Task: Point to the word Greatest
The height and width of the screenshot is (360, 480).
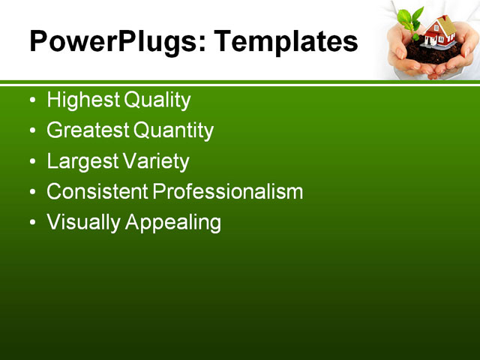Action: pos(88,130)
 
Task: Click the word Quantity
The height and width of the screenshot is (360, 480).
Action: pos(173,130)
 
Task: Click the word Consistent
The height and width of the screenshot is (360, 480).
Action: pos(97,192)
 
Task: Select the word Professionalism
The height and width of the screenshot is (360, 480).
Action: pos(228,192)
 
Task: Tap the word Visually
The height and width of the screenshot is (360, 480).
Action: pos(82,223)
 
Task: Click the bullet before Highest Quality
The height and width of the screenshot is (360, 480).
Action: pos(31,100)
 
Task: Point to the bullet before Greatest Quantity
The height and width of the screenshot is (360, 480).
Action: pos(31,131)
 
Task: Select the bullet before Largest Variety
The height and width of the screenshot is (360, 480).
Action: pos(31,162)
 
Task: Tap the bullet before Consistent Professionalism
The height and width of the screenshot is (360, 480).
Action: pos(31,193)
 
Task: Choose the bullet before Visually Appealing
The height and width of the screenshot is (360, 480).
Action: pos(31,223)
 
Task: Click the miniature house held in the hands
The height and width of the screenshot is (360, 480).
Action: pos(439,33)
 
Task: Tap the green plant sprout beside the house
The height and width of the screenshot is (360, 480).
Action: pos(409,21)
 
